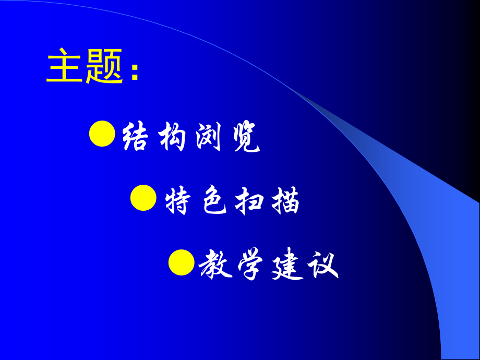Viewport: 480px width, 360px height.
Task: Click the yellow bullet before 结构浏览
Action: (x=102, y=134)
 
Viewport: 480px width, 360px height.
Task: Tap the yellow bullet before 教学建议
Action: (x=182, y=262)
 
